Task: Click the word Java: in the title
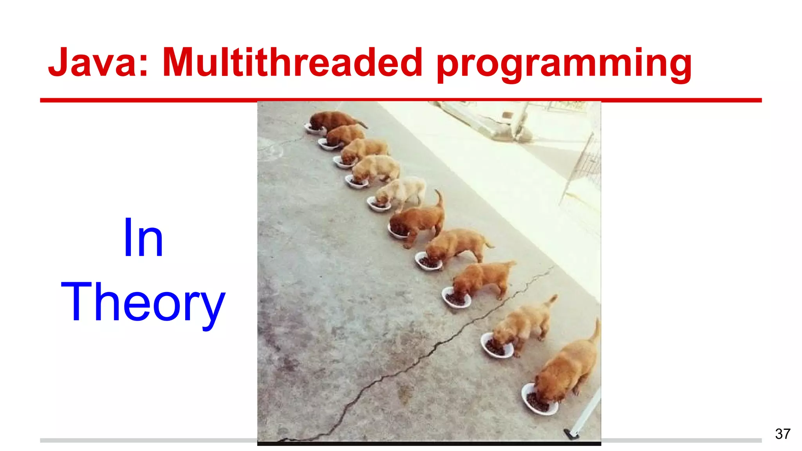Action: pyautogui.click(x=98, y=63)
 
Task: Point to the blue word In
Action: pyautogui.click(x=143, y=238)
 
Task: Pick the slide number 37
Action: pyautogui.click(x=782, y=434)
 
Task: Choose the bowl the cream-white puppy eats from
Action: pyautogui.click(x=378, y=204)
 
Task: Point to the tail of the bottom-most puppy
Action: pyautogui.click(x=596, y=331)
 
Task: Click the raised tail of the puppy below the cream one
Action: pyautogui.click(x=439, y=198)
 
